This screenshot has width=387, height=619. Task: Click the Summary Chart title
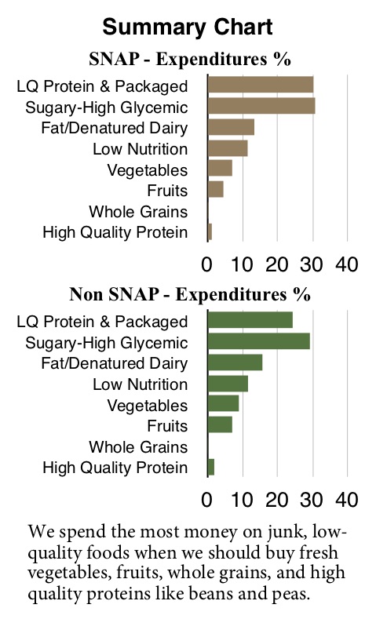pyautogui.click(x=188, y=27)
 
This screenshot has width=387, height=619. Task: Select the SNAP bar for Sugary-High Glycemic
pyautogui.click(x=261, y=107)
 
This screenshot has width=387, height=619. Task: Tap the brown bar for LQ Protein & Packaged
pyautogui.click(x=260, y=86)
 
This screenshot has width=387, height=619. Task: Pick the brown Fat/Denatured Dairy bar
pyautogui.click(x=231, y=127)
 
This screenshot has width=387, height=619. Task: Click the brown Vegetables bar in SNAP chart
pyautogui.click(x=220, y=169)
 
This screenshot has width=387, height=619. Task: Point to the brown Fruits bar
pyautogui.click(x=216, y=189)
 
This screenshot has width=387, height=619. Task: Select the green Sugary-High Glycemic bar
pyautogui.click(x=258, y=341)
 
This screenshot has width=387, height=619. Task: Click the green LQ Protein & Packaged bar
pyautogui.click(x=250, y=320)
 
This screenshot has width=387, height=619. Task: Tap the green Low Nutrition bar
pyautogui.click(x=228, y=384)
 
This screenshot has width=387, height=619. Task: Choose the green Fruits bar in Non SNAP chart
pyautogui.click(x=220, y=425)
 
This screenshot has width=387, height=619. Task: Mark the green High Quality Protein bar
pyautogui.click(x=211, y=468)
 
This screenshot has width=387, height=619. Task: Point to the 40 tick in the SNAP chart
pyautogui.click(x=347, y=264)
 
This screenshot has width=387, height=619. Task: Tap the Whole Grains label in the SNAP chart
pyautogui.click(x=138, y=211)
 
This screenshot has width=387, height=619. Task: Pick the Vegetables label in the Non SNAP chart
pyautogui.click(x=147, y=406)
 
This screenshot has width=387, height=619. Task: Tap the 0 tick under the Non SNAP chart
pyautogui.click(x=208, y=499)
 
